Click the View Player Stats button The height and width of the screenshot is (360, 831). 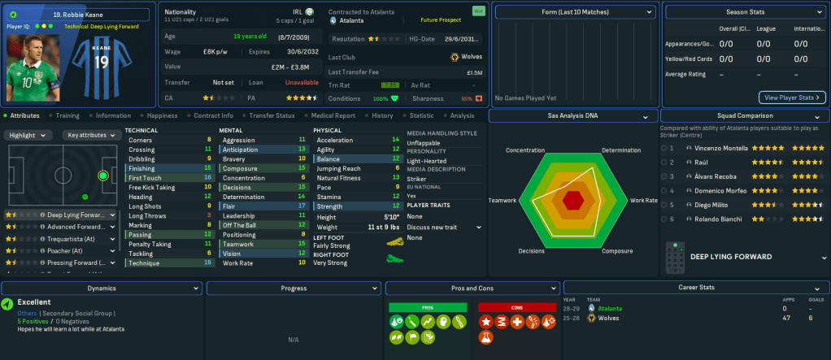(x=792, y=98)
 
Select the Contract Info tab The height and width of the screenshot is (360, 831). (x=214, y=115)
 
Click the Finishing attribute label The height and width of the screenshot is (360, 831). (x=143, y=167)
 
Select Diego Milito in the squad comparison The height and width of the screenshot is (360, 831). (x=699, y=206)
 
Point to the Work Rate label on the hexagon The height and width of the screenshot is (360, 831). (x=643, y=200)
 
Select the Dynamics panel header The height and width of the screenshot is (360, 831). (x=102, y=288)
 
